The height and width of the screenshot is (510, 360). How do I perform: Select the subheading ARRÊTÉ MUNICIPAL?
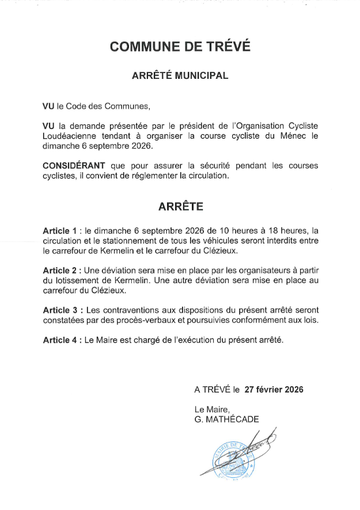click(x=180, y=75)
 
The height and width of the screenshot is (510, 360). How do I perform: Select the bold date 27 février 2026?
click(x=274, y=389)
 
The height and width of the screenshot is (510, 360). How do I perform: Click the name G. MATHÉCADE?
click(x=227, y=419)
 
